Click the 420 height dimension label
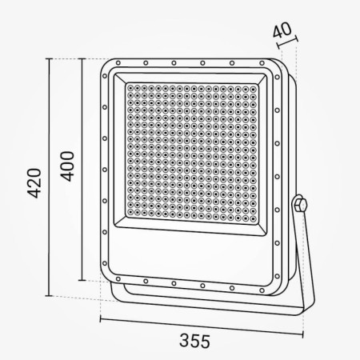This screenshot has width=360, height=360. click(x=35, y=183)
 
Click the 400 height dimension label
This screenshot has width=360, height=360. click(x=67, y=166)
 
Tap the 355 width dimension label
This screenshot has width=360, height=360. click(x=194, y=341)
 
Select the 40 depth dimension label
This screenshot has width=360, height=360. click(x=282, y=30)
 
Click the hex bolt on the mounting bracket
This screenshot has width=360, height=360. click(x=301, y=204)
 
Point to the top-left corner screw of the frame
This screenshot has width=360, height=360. click(x=118, y=63)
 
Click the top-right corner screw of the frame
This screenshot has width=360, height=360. click(x=262, y=63)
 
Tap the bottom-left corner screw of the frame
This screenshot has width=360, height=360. click(x=118, y=279)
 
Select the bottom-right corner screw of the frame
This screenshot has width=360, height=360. click(x=262, y=290)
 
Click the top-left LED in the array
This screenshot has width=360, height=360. click(x=130, y=88)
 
